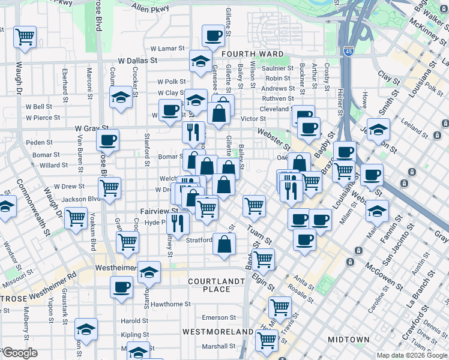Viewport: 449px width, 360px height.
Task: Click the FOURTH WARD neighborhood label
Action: pos(252,54)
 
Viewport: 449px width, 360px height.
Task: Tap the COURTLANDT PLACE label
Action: pos(216,285)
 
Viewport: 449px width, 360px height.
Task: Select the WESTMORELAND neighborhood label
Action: pos(218,331)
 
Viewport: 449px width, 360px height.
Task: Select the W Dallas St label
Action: pos(137,61)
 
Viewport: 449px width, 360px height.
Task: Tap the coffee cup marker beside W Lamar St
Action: pos(213,36)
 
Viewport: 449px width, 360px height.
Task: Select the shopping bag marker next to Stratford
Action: pos(224,244)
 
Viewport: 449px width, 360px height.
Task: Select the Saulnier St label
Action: pos(277,68)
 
